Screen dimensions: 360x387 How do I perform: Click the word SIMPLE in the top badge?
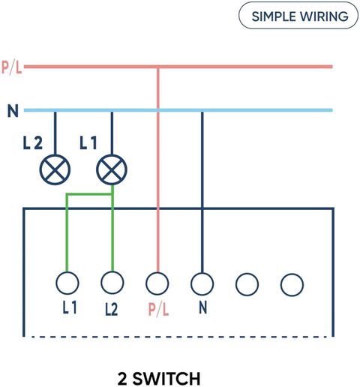coord(274,16)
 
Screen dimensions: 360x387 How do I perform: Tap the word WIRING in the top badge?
coord(324,16)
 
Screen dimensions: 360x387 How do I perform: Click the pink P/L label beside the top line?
coord(12,67)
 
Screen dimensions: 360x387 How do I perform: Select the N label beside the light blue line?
coord(13,111)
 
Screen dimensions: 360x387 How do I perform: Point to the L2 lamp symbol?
coord(55,169)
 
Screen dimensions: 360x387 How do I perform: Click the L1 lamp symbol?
coord(112,169)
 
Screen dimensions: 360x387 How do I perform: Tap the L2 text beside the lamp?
coord(33,143)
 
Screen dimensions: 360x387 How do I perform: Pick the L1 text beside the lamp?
coord(88,143)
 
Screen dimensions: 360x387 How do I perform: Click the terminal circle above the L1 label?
coord(67,283)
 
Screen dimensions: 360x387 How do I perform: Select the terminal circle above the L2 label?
coord(112,283)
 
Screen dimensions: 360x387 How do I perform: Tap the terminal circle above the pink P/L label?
coord(157,283)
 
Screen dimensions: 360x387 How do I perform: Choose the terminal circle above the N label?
coord(202,283)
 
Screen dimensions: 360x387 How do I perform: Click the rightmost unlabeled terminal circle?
coord(292,285)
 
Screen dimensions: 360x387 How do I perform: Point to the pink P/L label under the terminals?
coord(159,310)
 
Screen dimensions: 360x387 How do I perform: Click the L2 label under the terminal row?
coord(111,310)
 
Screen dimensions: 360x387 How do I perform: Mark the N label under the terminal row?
coord(203,307)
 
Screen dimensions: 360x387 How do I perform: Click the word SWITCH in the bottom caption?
coord(166,379)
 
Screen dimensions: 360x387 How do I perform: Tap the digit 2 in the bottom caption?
coord(122,379)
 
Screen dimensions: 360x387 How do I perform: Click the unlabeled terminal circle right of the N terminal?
coord(247,284)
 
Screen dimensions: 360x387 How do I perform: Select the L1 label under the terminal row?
coord(70,307)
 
